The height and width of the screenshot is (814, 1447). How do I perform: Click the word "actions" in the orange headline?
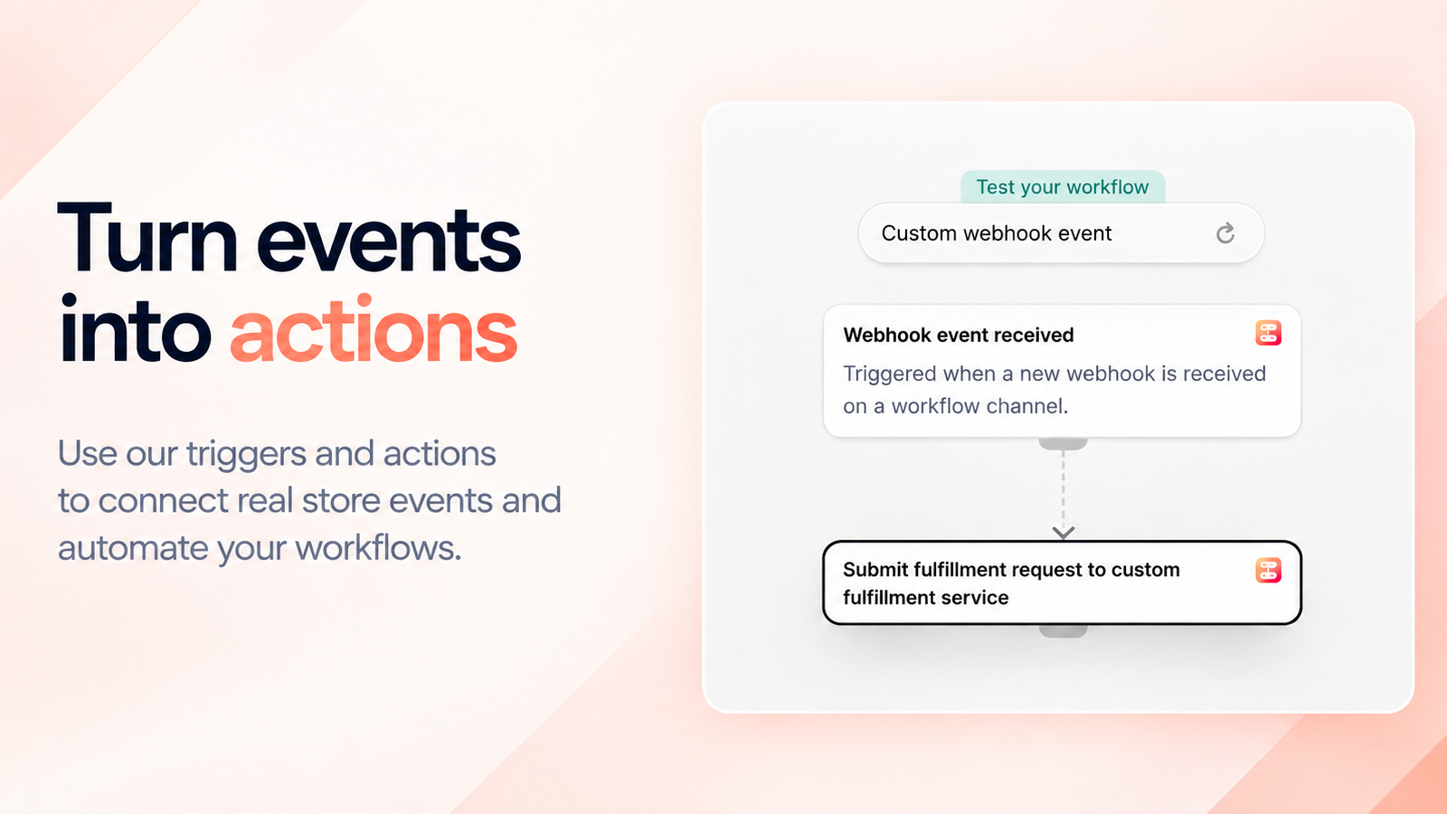pos(374,329)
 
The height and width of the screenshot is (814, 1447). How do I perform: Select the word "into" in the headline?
pos(135,329)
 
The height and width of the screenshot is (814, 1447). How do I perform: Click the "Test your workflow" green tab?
pos(1063,186)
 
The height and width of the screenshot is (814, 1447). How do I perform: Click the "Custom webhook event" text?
pos(996,233)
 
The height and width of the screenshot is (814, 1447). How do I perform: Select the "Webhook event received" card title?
pos(958,335)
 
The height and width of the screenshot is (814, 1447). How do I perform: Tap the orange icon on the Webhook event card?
pos(1268,334)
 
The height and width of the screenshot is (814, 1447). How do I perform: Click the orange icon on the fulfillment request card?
pos(1268,571)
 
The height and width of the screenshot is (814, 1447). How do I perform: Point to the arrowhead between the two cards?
pos(1064,533)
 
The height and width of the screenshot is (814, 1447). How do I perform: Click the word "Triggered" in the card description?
pos(890,374)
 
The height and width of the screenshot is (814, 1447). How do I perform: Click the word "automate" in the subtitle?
pos(132,548)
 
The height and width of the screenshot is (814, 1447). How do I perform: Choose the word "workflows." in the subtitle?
pos(379,548)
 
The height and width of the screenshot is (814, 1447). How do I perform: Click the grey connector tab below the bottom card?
pos(1064,630)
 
